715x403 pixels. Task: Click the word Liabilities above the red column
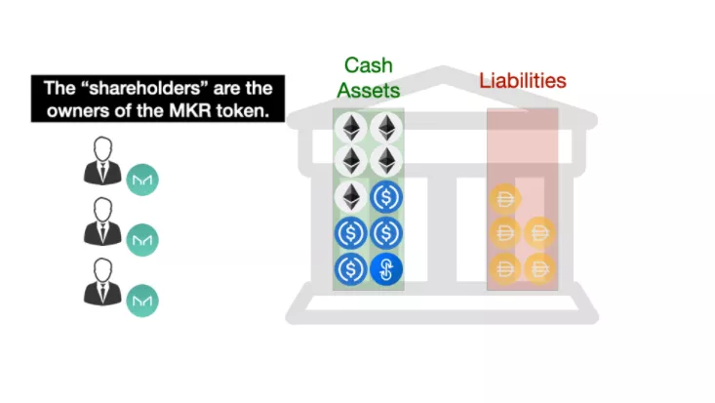click(522, 80)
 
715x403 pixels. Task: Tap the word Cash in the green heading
click(368, 66)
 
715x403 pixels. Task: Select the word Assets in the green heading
click(368, 91)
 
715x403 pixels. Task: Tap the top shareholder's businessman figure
click(101, 161)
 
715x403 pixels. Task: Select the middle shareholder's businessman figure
click(101, 222)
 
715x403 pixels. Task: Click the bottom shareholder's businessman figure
click(101, 282)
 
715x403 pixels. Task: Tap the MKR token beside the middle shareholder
click(142, 239)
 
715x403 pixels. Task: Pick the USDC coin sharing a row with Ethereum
click(386, 198)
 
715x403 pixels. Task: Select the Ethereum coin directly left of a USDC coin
click(351, 198)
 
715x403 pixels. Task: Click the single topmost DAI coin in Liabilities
click(506, 199)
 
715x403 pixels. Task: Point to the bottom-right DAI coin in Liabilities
click(540, 267)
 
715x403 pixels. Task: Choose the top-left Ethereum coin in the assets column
click(351, 128)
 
